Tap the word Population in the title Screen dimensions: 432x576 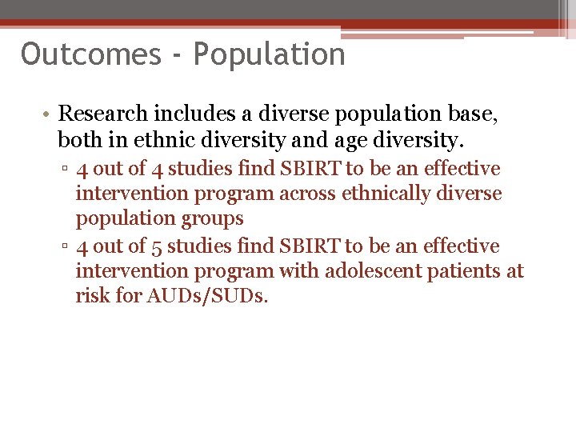click(269, 54)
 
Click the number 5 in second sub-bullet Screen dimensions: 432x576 click(156, 246)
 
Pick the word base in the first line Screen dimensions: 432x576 click(475, 114)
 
